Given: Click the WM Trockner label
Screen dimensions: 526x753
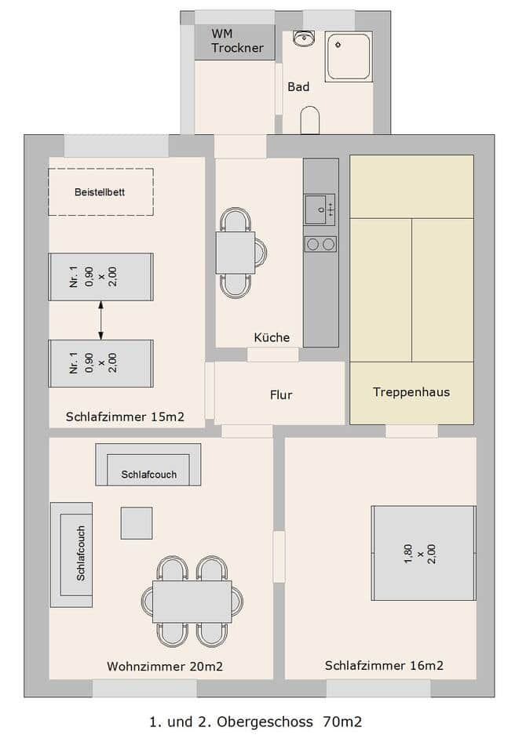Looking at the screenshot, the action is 237,41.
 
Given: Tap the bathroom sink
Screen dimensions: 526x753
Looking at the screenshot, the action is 303,38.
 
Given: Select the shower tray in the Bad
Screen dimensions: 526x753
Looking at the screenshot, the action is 349,56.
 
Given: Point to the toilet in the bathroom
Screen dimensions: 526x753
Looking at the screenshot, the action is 309,120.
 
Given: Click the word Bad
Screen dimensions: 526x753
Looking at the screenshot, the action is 298,87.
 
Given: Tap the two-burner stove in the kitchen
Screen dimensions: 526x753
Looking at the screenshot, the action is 320,245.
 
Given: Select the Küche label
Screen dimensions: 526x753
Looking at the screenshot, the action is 272,337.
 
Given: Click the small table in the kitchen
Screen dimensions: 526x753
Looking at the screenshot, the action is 235,253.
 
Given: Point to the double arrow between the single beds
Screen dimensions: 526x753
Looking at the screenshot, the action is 100,320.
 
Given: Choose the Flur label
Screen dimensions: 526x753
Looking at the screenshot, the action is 281,395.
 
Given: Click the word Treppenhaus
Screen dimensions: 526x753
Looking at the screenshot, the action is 411,392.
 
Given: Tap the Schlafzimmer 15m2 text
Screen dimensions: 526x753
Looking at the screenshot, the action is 125,417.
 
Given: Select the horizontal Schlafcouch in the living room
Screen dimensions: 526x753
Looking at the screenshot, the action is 148,464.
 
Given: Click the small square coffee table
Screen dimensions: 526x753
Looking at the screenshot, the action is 137,523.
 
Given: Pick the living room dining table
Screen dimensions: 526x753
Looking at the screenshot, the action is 192,602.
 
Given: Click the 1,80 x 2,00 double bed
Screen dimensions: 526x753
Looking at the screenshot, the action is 424,553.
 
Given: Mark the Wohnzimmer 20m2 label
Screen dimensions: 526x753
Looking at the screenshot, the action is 165,667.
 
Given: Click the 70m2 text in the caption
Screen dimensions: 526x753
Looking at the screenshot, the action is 342,722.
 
